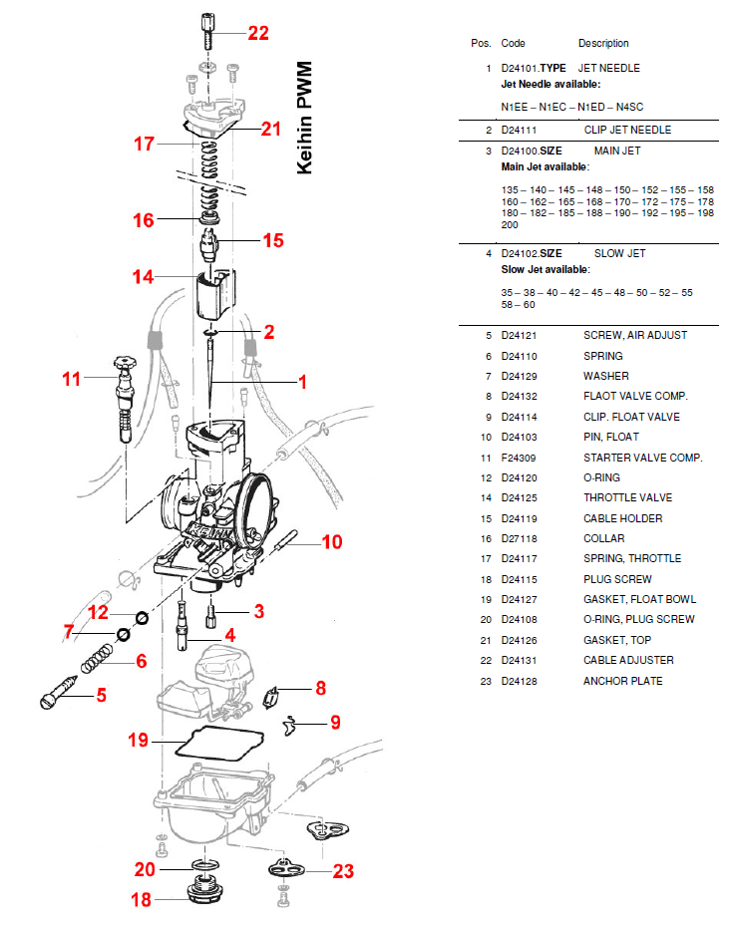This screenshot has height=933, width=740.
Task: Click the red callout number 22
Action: point(258,33)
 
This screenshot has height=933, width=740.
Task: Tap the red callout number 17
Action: point(145,144)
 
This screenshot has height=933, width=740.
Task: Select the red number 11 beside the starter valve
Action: point(71,379)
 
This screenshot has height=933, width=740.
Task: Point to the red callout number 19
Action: point(138,741)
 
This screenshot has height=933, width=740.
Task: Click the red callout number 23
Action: point(343,871)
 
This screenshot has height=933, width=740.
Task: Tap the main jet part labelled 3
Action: point(212,610)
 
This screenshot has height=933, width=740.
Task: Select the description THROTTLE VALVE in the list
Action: point(627,497)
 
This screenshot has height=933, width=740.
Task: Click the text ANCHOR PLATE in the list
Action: point(622,681)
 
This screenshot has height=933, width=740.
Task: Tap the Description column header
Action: point(603,43)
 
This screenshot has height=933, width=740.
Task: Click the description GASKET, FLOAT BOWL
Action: point(639,599)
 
